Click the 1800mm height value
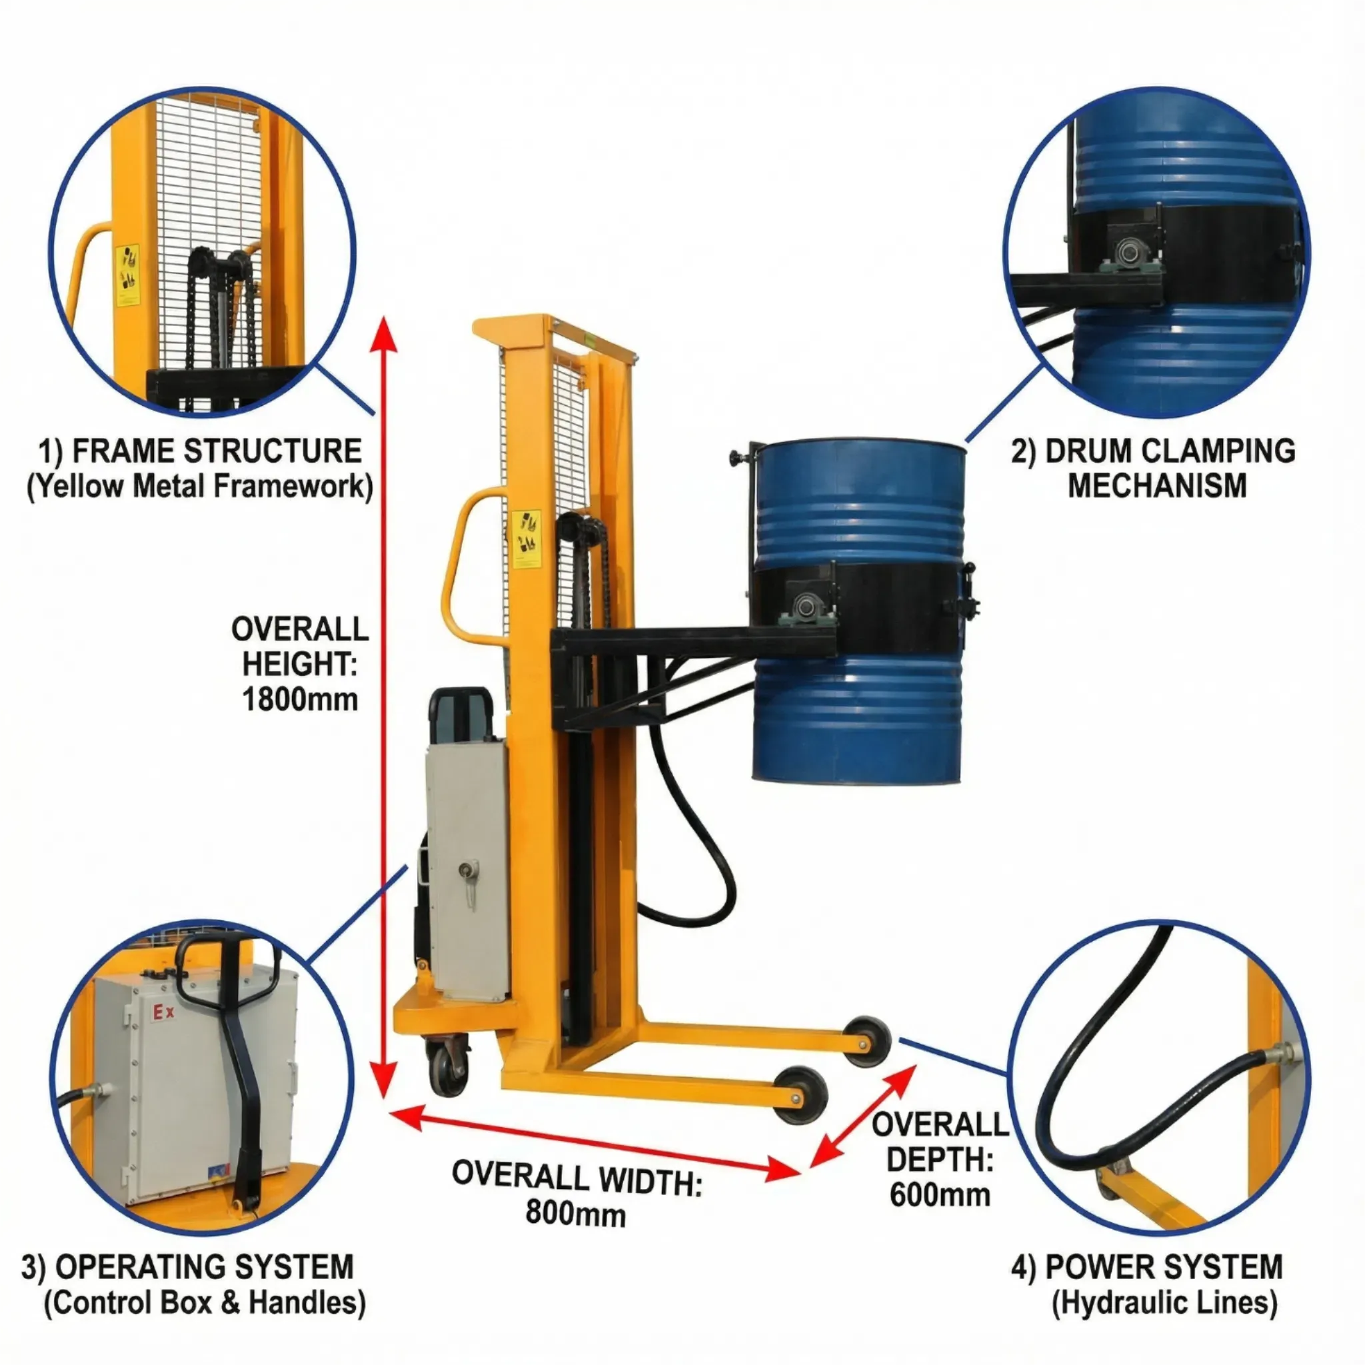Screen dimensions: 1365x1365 (x=299, y=699)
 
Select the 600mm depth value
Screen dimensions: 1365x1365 (x=940, y=1195)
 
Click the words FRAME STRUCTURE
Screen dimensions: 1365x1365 (x=216, y=451)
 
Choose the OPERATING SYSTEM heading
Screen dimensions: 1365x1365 (x=203, y=1267)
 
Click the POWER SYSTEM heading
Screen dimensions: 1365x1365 (x=1164, y=1267)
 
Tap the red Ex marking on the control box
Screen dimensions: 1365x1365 (x=163, y=1012)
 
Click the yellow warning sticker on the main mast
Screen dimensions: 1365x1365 (x=527, y=539)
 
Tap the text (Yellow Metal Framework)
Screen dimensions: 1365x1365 (x=200, y=487)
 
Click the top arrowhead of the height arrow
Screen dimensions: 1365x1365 (x=384, y=332)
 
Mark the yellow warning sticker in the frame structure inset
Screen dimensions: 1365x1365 (x=127, y=275)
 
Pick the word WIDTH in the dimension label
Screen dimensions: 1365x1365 (x=650, y=1181)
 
